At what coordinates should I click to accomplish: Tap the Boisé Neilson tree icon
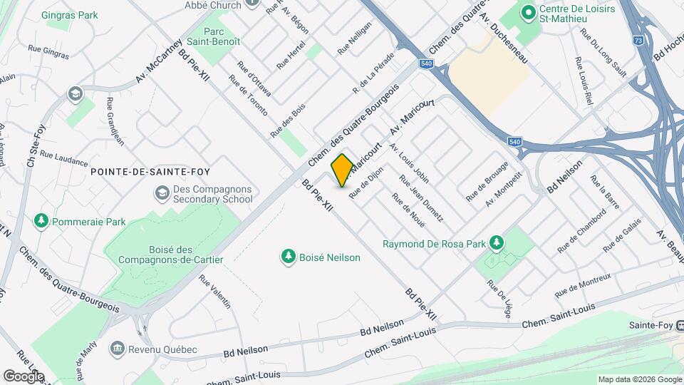point(288,257)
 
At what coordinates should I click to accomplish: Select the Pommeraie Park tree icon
point(41,222)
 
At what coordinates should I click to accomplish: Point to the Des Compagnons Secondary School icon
point(162,193)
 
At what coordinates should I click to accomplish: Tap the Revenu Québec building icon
point(116,349)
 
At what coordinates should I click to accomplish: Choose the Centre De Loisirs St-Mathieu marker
point(528,12)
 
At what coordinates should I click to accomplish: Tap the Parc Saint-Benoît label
point(222,37)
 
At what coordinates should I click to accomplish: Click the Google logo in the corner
point(24,376)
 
